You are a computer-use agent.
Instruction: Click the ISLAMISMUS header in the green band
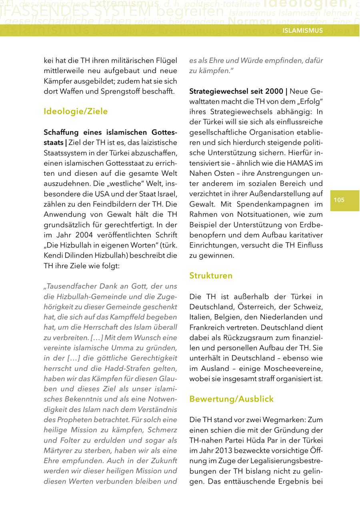point(302,30)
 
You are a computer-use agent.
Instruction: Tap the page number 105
point(339,200)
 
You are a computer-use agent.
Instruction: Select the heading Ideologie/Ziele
point(76,111)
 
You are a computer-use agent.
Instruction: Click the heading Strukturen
point(211,275)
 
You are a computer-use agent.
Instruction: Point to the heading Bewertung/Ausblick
point(232,399)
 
